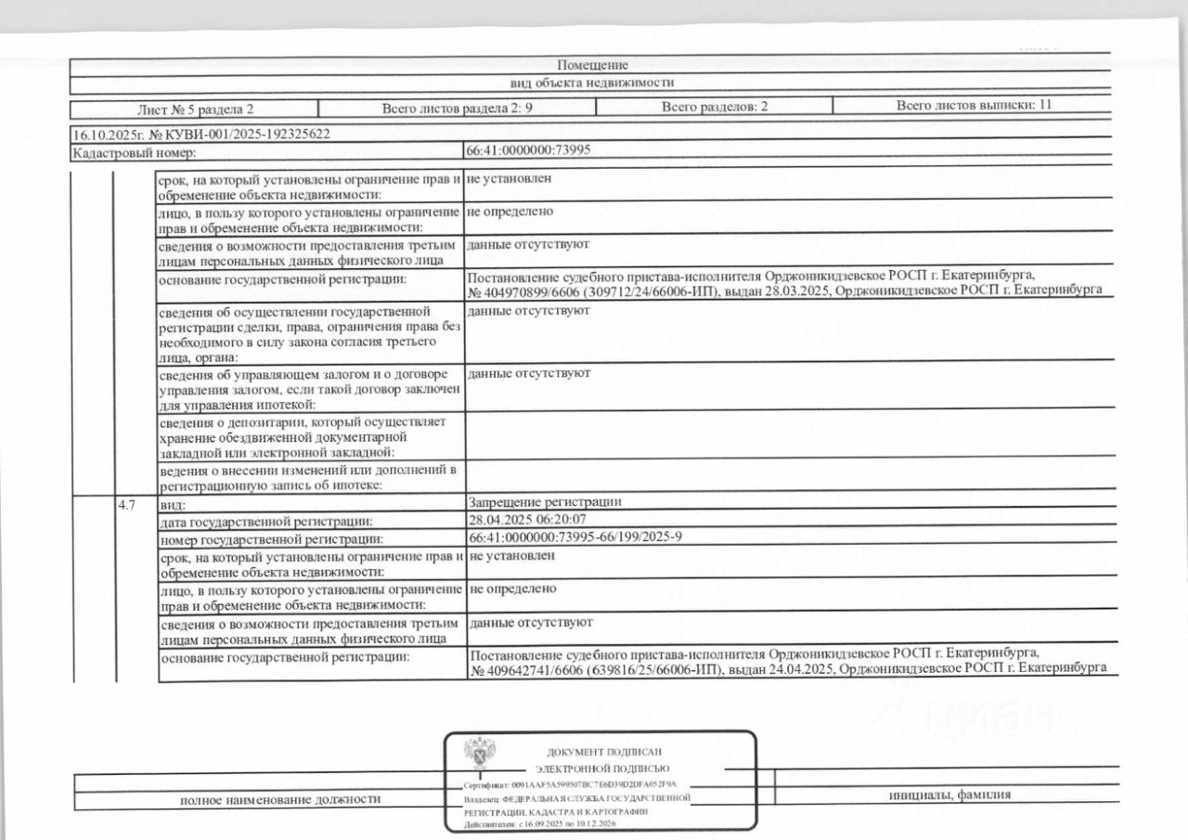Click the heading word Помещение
point(592,65)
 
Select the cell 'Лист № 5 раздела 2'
point(195,108)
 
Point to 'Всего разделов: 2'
point(715,107)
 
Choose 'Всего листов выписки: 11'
point(974,105)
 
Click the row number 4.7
point(127,505)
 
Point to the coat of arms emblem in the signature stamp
point(480,753)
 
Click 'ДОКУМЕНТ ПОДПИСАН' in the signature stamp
point(606,751)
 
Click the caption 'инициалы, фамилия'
point(949,795)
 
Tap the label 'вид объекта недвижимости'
point(593,82)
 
